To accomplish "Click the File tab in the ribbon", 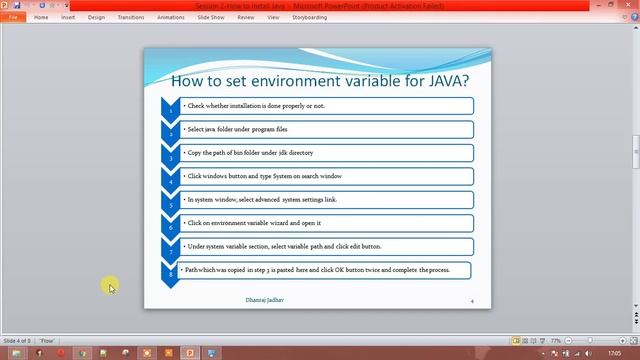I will [x=14, y=17].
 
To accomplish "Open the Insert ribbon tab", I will [x=68, y=17].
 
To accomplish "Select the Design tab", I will [x=96, y=17].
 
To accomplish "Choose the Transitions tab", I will [x=130, y=17].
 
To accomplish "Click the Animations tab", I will [x=171, y=17].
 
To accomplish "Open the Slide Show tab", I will [x=211, y=17].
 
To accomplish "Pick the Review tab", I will [x=245, y=17].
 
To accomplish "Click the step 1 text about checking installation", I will [x=255, y=105].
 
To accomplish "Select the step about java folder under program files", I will [x=237, y=129].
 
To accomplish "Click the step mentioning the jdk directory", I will [x=250, y=153].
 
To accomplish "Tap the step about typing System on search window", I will [x=264, y=176].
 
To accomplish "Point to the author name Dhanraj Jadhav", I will [x=265, y=299].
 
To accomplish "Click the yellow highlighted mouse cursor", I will [x=110, y=288].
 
